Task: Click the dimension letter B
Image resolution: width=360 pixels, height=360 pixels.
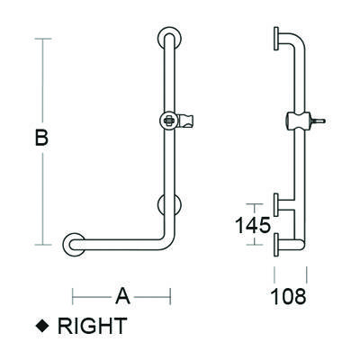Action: click(x=41, y=139)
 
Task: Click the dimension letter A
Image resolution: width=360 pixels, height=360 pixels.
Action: click(x=122, y=295)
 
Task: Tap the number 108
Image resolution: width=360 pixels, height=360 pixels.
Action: click(x=290, y=295)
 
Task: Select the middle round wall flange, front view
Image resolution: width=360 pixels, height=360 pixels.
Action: click(x=168, y=204)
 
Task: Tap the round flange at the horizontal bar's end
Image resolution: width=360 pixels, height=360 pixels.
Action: click(x=73, y=243)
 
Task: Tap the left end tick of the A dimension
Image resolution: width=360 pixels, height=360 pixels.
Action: click(x=73, y=295)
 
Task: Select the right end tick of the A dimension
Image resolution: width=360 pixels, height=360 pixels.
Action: click(x=171, y=295)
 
